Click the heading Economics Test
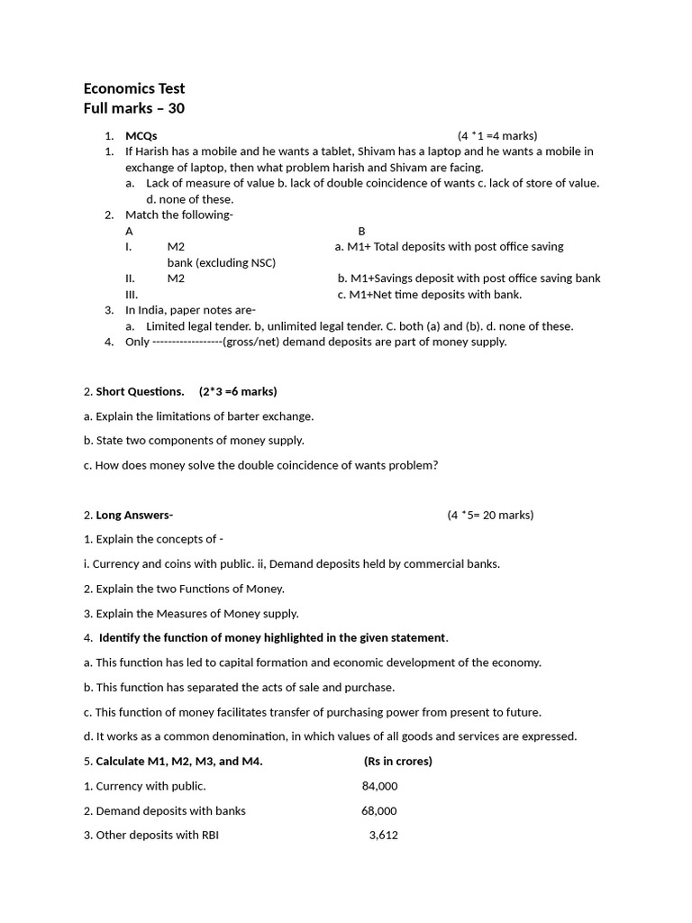(134, 88)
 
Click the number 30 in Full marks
(175, 109)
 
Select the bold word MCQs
(141, 136)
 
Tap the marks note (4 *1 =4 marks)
(497, 136)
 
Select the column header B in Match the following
(361, 231)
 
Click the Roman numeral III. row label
(132, 294)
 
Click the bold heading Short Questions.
(140, 391)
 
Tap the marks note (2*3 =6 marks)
(238, 391)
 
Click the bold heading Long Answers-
(134, 515)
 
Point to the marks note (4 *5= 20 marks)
(490, 515)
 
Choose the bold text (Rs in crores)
(398, 761)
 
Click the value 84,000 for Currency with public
(379, 786)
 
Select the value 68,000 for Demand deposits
(379, 810)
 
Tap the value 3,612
(383, 835)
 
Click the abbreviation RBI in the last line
(209, 835)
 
